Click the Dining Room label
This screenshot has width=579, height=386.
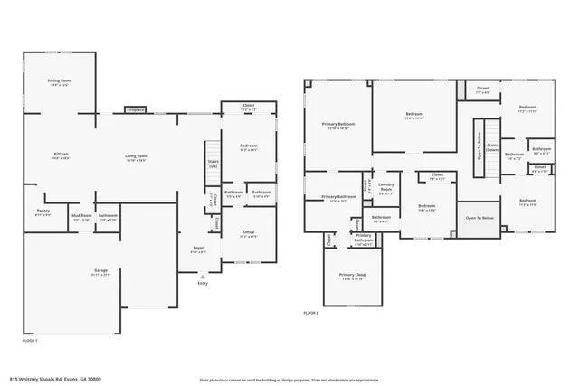click(x=60, y=83)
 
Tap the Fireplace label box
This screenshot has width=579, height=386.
click(x=135, y=109)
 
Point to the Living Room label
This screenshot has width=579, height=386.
click(x=137, y=158)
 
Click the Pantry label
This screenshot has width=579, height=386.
click(x=43, y=212)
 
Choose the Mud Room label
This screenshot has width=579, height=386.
click(x=81, y=217)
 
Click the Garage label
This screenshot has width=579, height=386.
click(x=101, y=272)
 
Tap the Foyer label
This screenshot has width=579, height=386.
click(x=198, y=249)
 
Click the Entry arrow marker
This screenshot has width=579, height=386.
click(x=202, y=281)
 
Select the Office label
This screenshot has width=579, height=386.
click(x=248, y=234)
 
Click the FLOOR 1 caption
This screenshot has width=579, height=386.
click(x=29, y=340)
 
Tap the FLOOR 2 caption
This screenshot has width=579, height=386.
click(x=311, y=313)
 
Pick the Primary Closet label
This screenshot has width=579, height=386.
click(x=352, y=277)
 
